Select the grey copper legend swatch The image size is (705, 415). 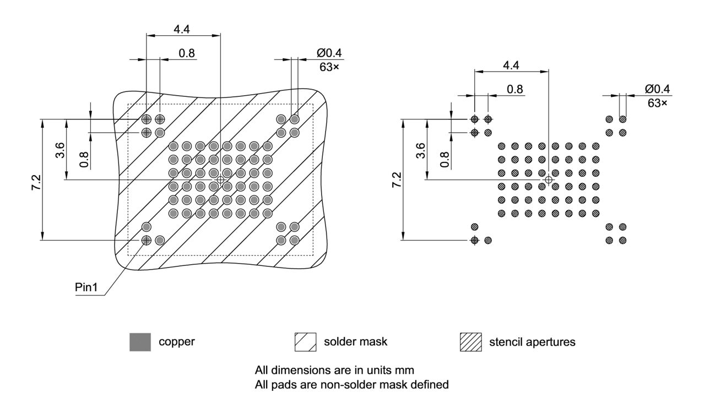[140, 342]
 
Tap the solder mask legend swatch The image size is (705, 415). [306, 342]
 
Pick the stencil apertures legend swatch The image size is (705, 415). [471, 342]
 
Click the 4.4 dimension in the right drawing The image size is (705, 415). [511, 65]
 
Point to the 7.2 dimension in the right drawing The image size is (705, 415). [396, 179]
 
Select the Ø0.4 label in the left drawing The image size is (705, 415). [329, 53]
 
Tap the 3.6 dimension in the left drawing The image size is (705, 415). [61, 149]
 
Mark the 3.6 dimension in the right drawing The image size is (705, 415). [421, 149]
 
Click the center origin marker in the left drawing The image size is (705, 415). [220, 179]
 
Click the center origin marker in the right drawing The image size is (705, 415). [548, 179]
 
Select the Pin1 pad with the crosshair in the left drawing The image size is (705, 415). [147, 240]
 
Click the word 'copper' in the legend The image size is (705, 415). [177, 342]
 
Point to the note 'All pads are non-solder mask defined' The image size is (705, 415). [351, 384]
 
